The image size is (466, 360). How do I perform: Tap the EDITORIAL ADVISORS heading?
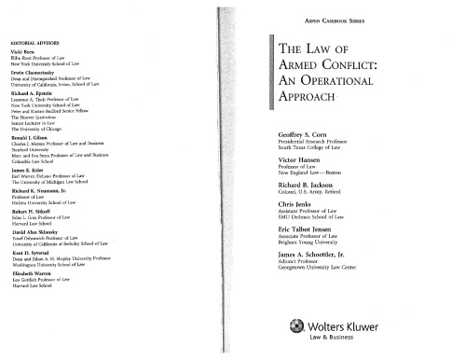pos(36,44)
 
